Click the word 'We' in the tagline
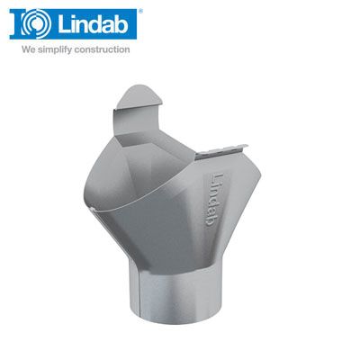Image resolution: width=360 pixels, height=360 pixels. point(27,49)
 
